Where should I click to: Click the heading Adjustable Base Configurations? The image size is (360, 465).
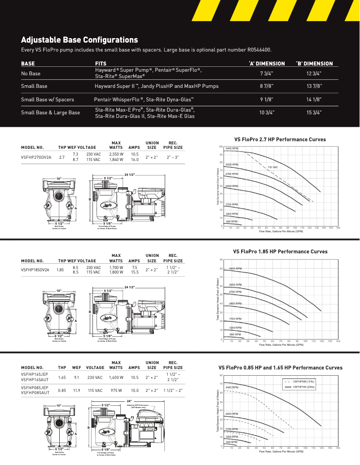(x=79, y=39)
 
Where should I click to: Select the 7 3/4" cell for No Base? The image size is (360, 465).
(x=267, y=73)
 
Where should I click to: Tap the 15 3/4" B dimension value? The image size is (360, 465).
(x=314, y=113)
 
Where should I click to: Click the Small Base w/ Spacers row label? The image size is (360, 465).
(x=48, y=99)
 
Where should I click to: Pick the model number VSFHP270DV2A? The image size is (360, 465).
(x=36, y=157)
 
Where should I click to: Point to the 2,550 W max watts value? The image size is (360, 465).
(x=116, y=154)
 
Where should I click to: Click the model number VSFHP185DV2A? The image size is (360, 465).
(x=35, y=270)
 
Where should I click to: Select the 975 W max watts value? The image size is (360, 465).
(x=116, y=391)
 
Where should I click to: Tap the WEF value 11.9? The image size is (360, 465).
(x=77, y=391)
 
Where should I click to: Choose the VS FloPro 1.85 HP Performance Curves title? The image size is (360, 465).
(x=280, y=252)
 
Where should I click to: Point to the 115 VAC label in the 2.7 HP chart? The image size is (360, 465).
(x=273, y=167)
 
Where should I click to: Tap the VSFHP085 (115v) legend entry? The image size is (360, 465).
(x=304, y=381)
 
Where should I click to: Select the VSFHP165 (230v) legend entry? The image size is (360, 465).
(x=304, y=386)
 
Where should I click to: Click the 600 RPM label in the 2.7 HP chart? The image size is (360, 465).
(x=231, y=222)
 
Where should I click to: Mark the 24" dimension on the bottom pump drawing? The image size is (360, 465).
(x=129, y=400)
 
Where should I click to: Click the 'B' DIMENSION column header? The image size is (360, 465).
(x=314, y=63)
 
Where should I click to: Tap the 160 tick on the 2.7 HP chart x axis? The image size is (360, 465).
(x=338, y=228)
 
